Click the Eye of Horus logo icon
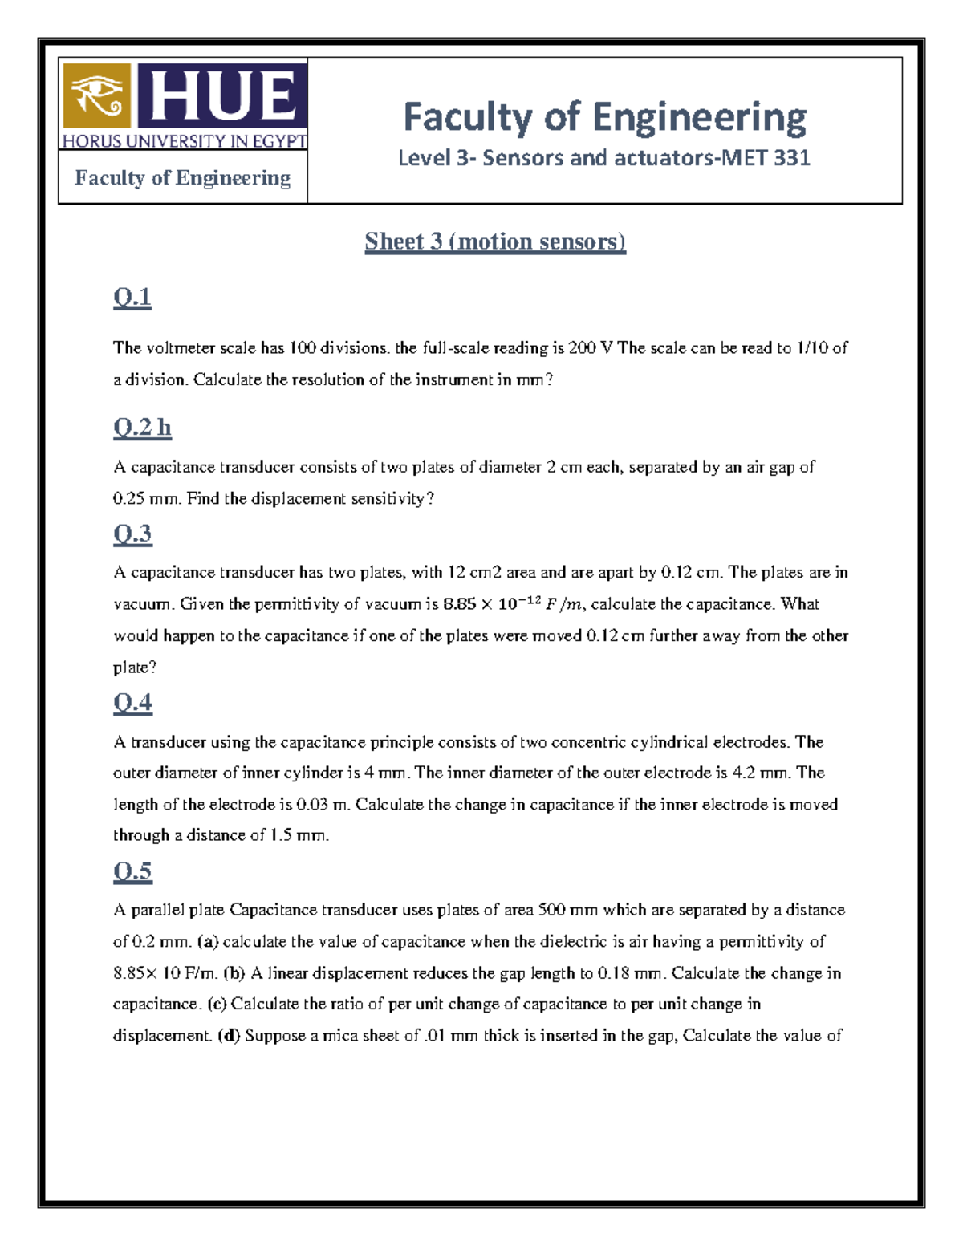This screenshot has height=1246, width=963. point(96,95)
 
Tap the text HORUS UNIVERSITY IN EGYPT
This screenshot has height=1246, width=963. point(184,141)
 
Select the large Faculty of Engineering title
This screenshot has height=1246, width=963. point(604,117)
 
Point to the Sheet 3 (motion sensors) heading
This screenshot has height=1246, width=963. point(495,241)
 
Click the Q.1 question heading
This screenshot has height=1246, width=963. point(132,298)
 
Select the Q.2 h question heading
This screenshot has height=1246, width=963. point(142,427)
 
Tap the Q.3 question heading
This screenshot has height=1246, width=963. point(132,534)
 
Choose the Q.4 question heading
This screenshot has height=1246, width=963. point(132,703)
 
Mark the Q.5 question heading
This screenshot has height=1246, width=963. point(132,871)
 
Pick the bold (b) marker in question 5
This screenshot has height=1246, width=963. point(234,973)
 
